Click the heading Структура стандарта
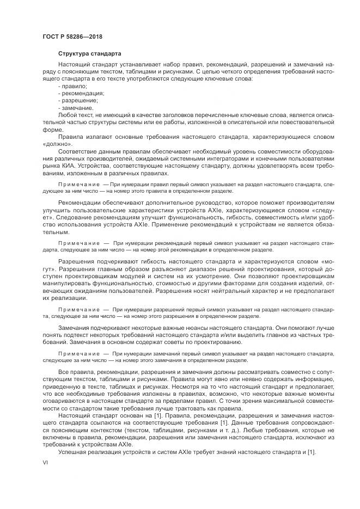click(90, 53)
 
